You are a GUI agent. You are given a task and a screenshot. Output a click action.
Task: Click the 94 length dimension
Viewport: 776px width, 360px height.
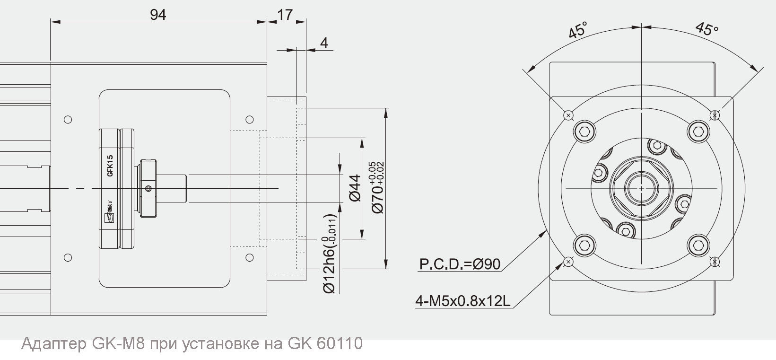coord(158,15)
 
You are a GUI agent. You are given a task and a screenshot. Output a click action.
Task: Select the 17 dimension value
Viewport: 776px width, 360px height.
coord(285,15)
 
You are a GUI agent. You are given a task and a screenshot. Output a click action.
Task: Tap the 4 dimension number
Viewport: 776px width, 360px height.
coord(324,43)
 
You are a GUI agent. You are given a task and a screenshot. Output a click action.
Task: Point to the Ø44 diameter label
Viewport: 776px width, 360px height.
coord(355,188)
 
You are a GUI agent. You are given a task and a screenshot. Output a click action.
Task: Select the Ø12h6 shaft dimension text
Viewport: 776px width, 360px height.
coord(330,254)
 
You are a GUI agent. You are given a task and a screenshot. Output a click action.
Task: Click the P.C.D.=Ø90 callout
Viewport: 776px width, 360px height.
coord(459,264)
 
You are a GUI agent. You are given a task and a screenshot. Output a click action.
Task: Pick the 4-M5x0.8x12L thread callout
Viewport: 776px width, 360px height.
coord(462,301)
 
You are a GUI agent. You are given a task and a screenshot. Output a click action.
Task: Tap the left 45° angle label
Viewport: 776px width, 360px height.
coord(578,29)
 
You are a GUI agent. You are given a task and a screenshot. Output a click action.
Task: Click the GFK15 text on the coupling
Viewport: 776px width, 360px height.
coord(110,166)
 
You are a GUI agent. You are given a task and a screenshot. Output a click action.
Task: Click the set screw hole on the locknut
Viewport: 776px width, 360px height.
coord(149,189)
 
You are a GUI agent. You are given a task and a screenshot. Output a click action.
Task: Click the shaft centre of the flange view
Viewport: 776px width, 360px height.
coord(641,188)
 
